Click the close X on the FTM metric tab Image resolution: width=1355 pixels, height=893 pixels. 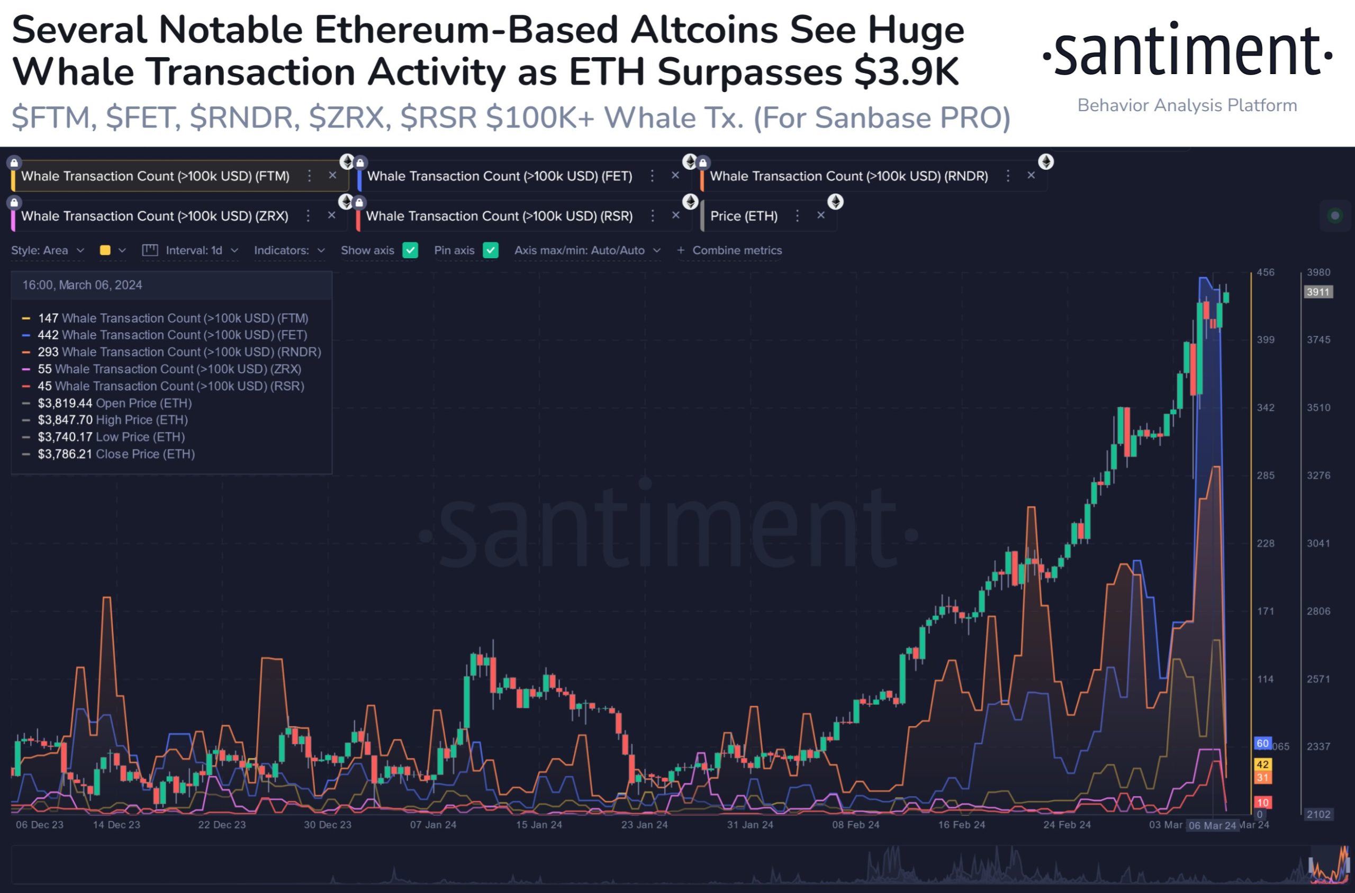tap(333, 176)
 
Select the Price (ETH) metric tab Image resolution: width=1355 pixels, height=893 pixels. tap(744, 216)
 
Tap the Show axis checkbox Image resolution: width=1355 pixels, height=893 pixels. tap(410, 250)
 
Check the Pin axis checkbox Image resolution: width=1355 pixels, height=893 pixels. tap(491, 250)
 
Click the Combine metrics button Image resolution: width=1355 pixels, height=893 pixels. tap(729, 250)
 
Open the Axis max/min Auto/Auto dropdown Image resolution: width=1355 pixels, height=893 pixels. tap(587, 250)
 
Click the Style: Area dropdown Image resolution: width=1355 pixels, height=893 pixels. tap(47, 250)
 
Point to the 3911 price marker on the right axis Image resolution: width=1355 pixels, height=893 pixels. tap(1318, 292)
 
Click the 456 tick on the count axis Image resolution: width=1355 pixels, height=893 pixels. tap(1266, 272)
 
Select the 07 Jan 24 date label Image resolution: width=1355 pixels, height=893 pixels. tap(433, 825)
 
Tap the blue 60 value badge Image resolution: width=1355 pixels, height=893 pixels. tap(1263, 743)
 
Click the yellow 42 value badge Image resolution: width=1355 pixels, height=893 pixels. tap(1263, 764)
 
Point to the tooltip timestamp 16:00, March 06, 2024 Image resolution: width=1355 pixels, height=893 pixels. tap(82, 285)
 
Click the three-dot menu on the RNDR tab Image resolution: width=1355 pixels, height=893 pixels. tap(1008, 176)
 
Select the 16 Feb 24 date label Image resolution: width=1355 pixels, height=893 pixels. tap(961, 825)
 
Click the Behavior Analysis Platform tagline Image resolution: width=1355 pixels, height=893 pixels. tap(1187, 105)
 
